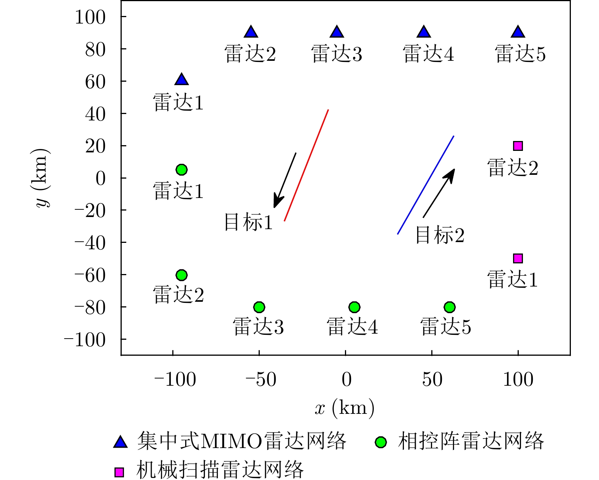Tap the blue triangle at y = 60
(x=181, y=80)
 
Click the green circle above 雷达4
(x=354, y=307)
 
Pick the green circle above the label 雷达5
(x=450, y=307)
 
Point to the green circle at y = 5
(x=181, y=170)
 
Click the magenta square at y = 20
(x=518, y=146)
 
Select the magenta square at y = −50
(x=518, y=258)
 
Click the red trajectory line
(x=306, y=165)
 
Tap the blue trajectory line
(x=426, y=185)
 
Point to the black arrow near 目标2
(x=439, y=193)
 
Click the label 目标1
(x=248, y=222)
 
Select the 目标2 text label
(x=440, y=235)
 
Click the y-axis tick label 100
(x=90, y=17)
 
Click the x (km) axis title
(x=345, y=408)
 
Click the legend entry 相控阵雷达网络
(x=471, y=442)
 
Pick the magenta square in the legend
(x=119, y=472)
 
